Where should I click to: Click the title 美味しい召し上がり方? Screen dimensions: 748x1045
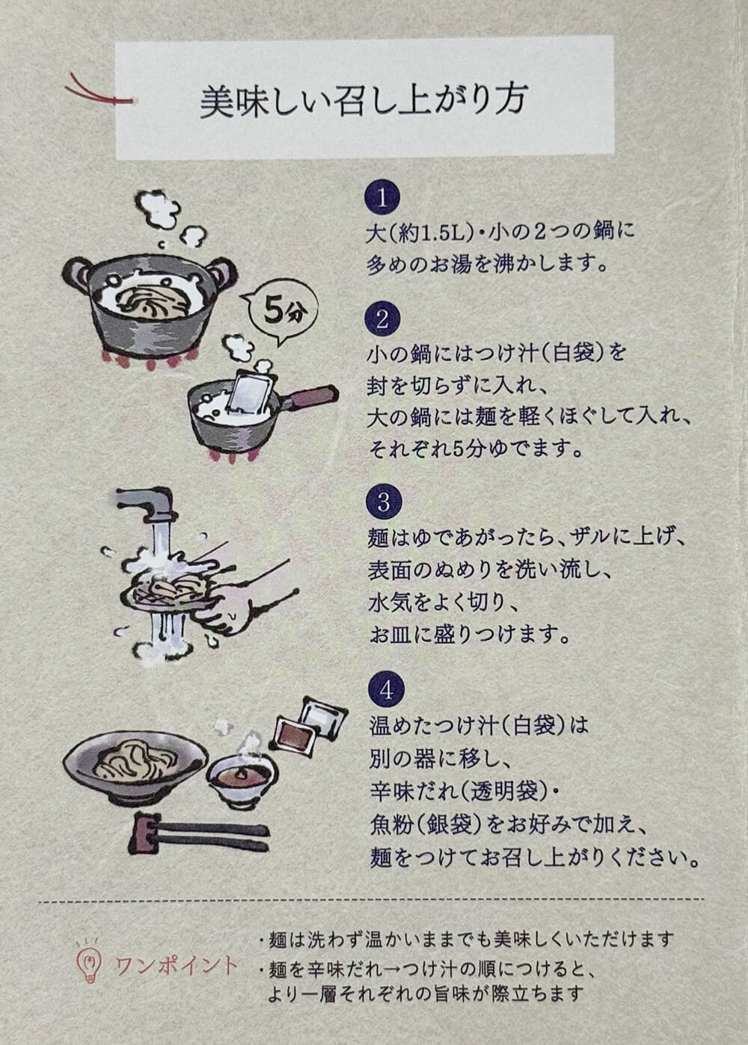(x=364, y=102)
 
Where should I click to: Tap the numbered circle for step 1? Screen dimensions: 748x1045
(x=382, y=199)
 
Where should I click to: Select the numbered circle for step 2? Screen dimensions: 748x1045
(x=382, y=320)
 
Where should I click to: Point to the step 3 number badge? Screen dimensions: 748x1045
(x=383, y=503)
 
